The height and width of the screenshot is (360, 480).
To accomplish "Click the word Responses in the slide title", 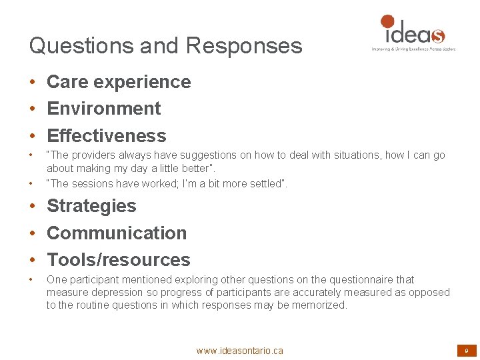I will click(x=244, y=46).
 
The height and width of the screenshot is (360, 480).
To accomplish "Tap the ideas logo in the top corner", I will click(x=413, y=32).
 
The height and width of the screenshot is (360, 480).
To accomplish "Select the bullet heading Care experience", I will click(x=119, y=82).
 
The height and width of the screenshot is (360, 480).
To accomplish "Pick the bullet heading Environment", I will click(x=104, y=109).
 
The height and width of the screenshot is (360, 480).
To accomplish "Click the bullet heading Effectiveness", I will click(x=107, y=136).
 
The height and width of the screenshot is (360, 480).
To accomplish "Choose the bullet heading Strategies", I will click(x=91, y=206).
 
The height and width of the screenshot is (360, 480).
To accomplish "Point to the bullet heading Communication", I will click(x=117, y=233).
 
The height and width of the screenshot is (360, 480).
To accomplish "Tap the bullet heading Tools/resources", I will click(x=119, y=260).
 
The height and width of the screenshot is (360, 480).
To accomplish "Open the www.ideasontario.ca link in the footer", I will click(x=239, y=351).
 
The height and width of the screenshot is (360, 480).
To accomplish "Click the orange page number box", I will click(x=466, y=350).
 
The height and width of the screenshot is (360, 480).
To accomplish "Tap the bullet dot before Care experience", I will click(x=32, y=83).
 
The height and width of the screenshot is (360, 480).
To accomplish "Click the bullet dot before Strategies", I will click(x=32, y=207).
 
